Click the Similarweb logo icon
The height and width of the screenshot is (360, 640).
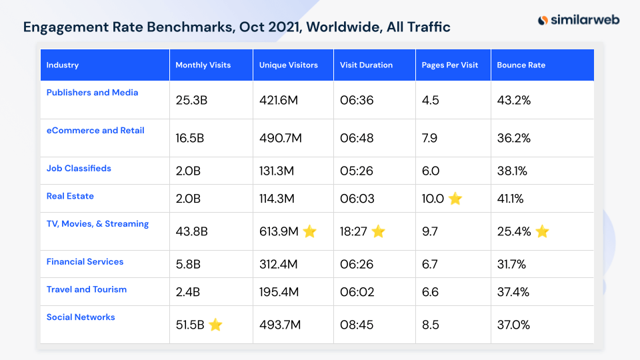[x=543, y=20]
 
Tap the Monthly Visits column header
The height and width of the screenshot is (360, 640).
[x=203, y=65]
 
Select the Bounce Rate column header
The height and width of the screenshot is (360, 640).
[x=521, y=65]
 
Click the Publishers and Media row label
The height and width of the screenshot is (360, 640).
[x=92, y=93]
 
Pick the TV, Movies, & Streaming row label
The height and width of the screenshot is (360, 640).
[x=97, y=224]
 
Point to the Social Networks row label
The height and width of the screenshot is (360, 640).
[x=81, y=317]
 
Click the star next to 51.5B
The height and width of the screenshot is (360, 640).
[x=215, y=325]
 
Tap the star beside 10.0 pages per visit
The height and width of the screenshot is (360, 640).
[x=455, y=199]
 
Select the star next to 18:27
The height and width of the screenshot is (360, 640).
[x=378, y=231]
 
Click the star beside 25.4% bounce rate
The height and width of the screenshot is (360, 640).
[x=542, y=231]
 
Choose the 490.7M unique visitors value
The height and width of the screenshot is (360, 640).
[x=280, y=138]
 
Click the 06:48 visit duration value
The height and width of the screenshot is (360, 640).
[x=357, y=138]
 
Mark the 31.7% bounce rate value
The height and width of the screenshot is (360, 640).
[x=511, y=265]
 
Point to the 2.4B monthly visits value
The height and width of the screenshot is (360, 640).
[x=188, y=292]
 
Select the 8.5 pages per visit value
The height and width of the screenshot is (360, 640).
[x=430, y=325]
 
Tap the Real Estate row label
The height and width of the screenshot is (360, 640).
[x=70, y=196]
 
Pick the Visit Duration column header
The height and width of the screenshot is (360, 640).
[x=366, y=65]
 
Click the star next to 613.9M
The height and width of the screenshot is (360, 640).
[x=310, y=231]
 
